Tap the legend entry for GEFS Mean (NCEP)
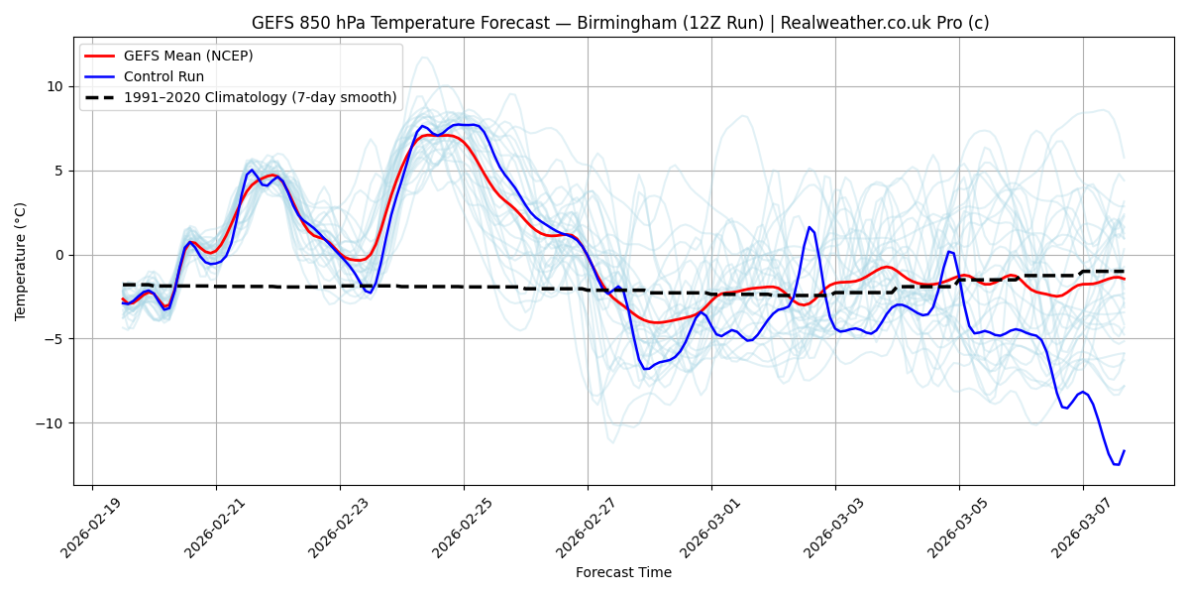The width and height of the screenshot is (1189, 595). coord(188,56)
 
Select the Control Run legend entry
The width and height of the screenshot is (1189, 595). coord(163,76)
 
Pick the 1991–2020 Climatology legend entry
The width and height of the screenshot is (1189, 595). coord(260,97)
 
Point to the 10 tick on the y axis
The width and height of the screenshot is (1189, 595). coord(54,86)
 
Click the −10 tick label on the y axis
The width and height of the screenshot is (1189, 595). coord(50,423)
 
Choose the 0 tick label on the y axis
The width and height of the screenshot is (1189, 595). coord(58,255)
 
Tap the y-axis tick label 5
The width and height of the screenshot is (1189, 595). coord(58,171)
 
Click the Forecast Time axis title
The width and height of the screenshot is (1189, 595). coord(623,572)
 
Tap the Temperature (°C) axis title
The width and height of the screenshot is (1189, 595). coord(21,261)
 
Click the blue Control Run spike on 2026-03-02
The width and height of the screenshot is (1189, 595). coord(809,227)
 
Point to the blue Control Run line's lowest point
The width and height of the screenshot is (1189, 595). coord(1117,464)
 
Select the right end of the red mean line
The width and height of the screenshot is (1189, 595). coord(1124,279)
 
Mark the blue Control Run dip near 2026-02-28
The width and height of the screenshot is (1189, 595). coord(646,369)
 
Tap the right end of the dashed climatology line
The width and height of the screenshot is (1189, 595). coord(1124,271)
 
